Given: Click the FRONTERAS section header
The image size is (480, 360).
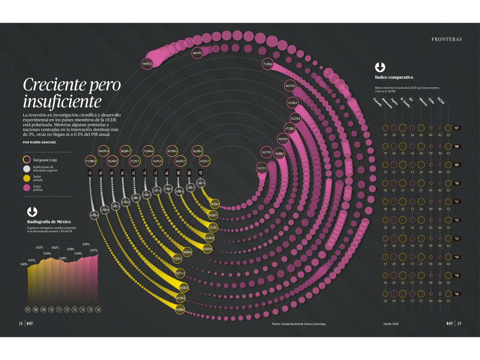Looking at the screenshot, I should coord(447,39).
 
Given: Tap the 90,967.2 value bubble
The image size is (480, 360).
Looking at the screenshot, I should coord(147,64).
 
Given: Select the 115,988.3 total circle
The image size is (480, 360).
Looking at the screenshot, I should coord(91,161).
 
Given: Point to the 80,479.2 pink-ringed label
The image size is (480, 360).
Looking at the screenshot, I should coord(197,53).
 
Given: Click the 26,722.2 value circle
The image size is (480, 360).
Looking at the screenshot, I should coord(262,168).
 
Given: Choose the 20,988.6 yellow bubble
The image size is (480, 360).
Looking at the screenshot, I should coord(180,309).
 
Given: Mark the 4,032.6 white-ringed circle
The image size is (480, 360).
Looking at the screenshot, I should coord(94,215).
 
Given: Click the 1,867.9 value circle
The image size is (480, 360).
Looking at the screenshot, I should coord(201,183).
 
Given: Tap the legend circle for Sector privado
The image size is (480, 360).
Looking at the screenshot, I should coord(27,178).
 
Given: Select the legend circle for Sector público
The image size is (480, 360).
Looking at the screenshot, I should coord(27,188).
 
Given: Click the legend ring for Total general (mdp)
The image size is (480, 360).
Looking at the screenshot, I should coord(27,160).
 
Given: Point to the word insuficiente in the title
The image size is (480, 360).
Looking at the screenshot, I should coord(62,101).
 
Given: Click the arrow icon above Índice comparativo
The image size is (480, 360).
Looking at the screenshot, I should coord(380,67).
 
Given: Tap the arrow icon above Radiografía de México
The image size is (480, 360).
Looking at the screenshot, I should coord(32,212).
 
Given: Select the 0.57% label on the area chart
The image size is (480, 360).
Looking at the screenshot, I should coord(94,250).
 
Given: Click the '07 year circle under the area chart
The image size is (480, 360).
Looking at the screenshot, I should coord(28,310).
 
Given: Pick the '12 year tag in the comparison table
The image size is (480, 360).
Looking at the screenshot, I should coord(456,220).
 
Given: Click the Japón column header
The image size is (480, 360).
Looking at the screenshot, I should coord(394,102).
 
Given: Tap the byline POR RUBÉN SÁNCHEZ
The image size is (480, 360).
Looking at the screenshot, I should coord(39,142).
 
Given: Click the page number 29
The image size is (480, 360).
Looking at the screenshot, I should coord(459,323).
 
